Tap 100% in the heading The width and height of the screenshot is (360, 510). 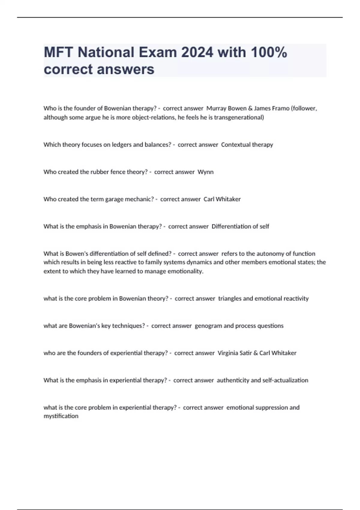tap(269, 52)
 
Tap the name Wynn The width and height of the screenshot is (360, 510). tap(205, 172)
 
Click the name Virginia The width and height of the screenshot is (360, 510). tap(228, 353)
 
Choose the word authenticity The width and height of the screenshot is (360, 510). tap(233, 380)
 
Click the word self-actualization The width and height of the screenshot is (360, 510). tap(285, 380)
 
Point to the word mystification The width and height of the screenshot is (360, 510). tap(61, 416)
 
